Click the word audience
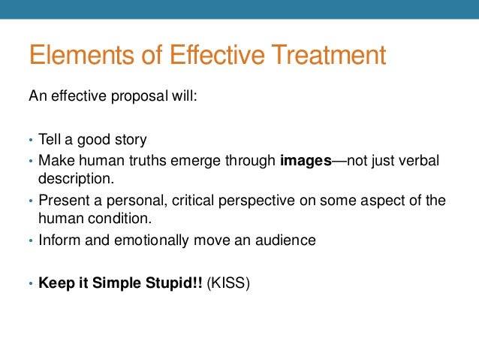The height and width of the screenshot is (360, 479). [x=289, y=241]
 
